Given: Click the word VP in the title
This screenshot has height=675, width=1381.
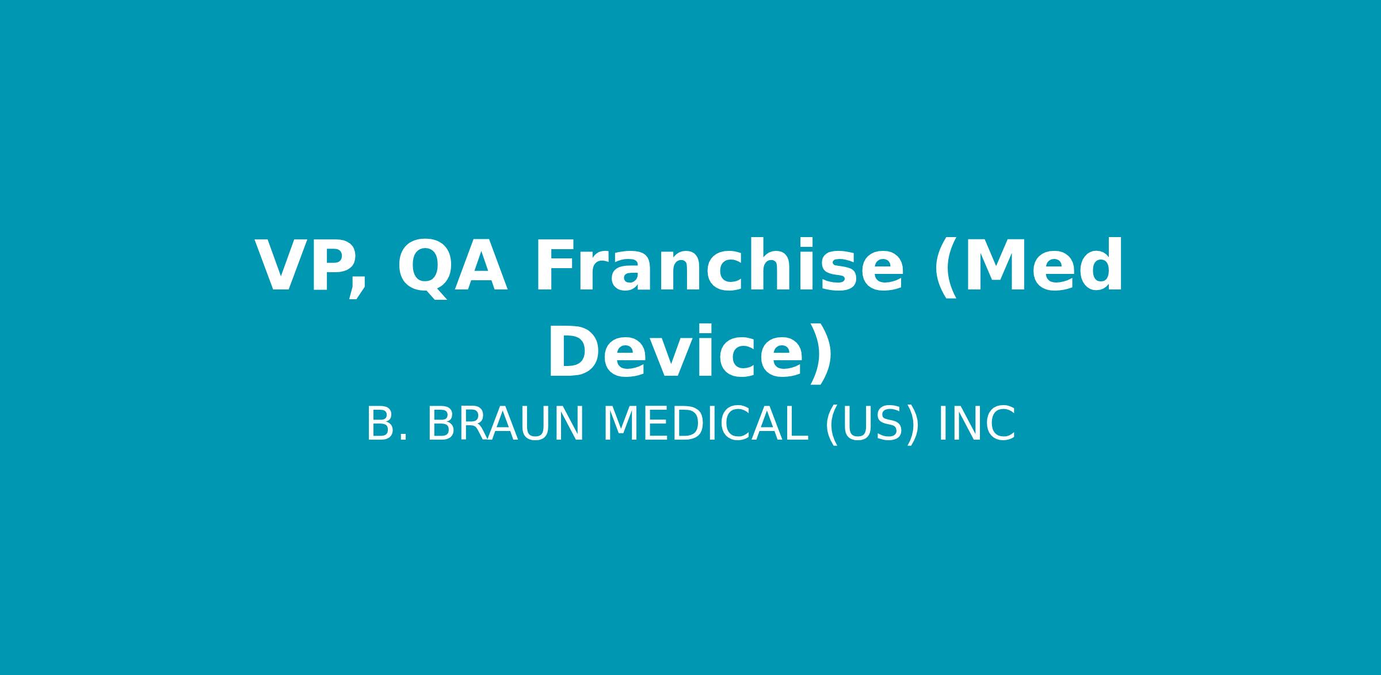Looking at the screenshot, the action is coord(311,266).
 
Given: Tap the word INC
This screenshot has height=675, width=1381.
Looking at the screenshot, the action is coord(977,424).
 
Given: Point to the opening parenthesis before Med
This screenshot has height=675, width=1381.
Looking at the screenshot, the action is coord(945,267).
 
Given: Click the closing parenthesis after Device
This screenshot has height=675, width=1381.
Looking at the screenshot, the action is coord(821,353).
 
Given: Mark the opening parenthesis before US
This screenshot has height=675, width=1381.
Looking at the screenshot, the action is coord(831,425).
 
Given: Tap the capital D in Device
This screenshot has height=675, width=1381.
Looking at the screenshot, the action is coord(573,352).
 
